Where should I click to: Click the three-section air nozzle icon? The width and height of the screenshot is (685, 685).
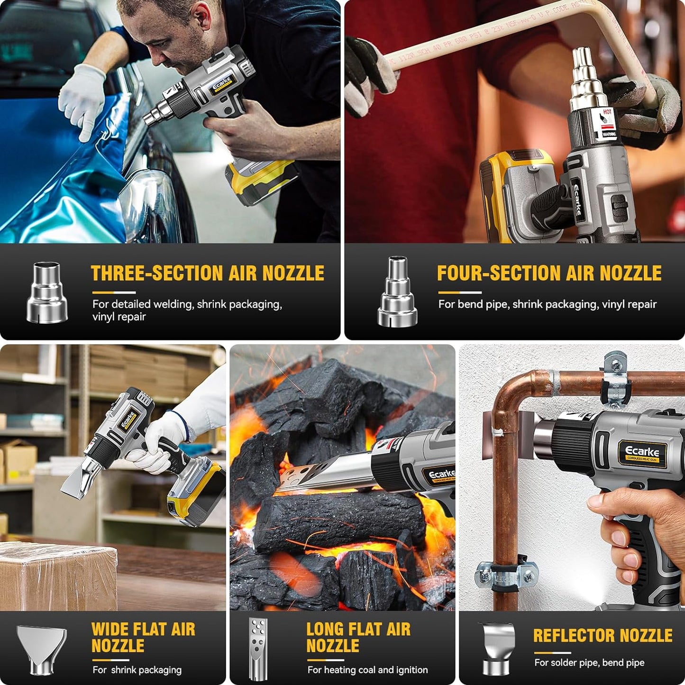pyautogui.click(x=47, y=292)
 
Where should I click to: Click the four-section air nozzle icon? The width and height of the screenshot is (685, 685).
pyautogui.click(x=397, y=292)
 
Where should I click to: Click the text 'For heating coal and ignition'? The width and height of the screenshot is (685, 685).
pyautogui.click(x=367, y=670)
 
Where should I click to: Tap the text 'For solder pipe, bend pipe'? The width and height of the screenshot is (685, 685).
pyautogui.click(x=589, y=663)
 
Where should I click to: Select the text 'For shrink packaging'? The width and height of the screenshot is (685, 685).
pyautogui.click(x=137, y=670)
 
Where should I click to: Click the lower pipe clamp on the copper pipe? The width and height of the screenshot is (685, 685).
pyautogui.click(x=506, y=575)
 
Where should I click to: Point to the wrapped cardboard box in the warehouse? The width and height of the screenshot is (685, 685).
pyautogui.click(x=57, y=575)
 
